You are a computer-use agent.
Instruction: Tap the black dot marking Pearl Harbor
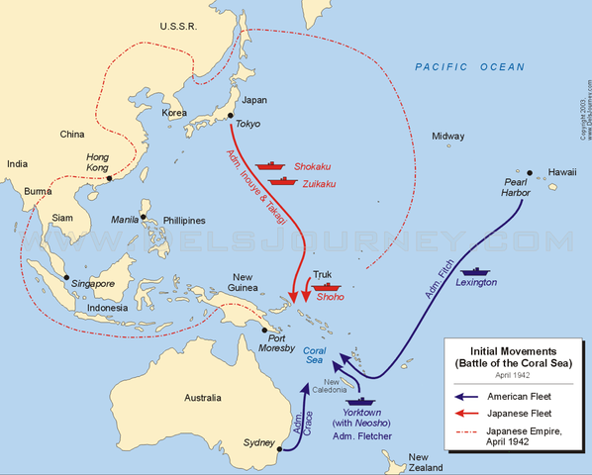click(x=530, y=172)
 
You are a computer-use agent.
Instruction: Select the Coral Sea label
click(x=314, y=354)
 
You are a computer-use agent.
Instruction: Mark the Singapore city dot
click(x=66, y=277)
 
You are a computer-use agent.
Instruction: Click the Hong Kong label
click(x=97, y=162)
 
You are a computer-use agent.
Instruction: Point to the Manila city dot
click(x=145, y=217)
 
